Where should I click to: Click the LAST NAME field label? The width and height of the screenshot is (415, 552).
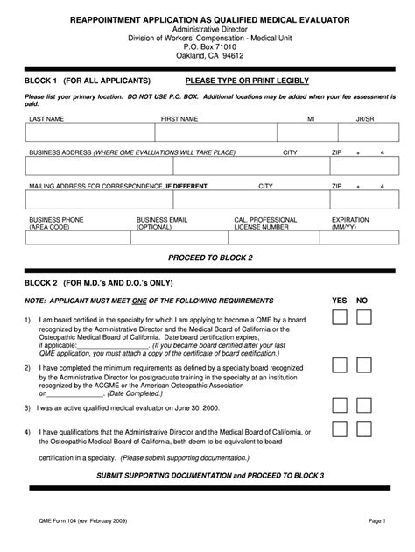[x=46, y=117]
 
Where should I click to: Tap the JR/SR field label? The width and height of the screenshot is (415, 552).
[x=366, y=117]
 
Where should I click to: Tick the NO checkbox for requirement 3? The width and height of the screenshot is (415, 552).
[x=363, y=406]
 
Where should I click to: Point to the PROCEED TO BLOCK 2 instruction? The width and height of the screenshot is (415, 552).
[x=208, y=258]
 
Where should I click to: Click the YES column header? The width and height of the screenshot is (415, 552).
[x=340, y=300]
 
